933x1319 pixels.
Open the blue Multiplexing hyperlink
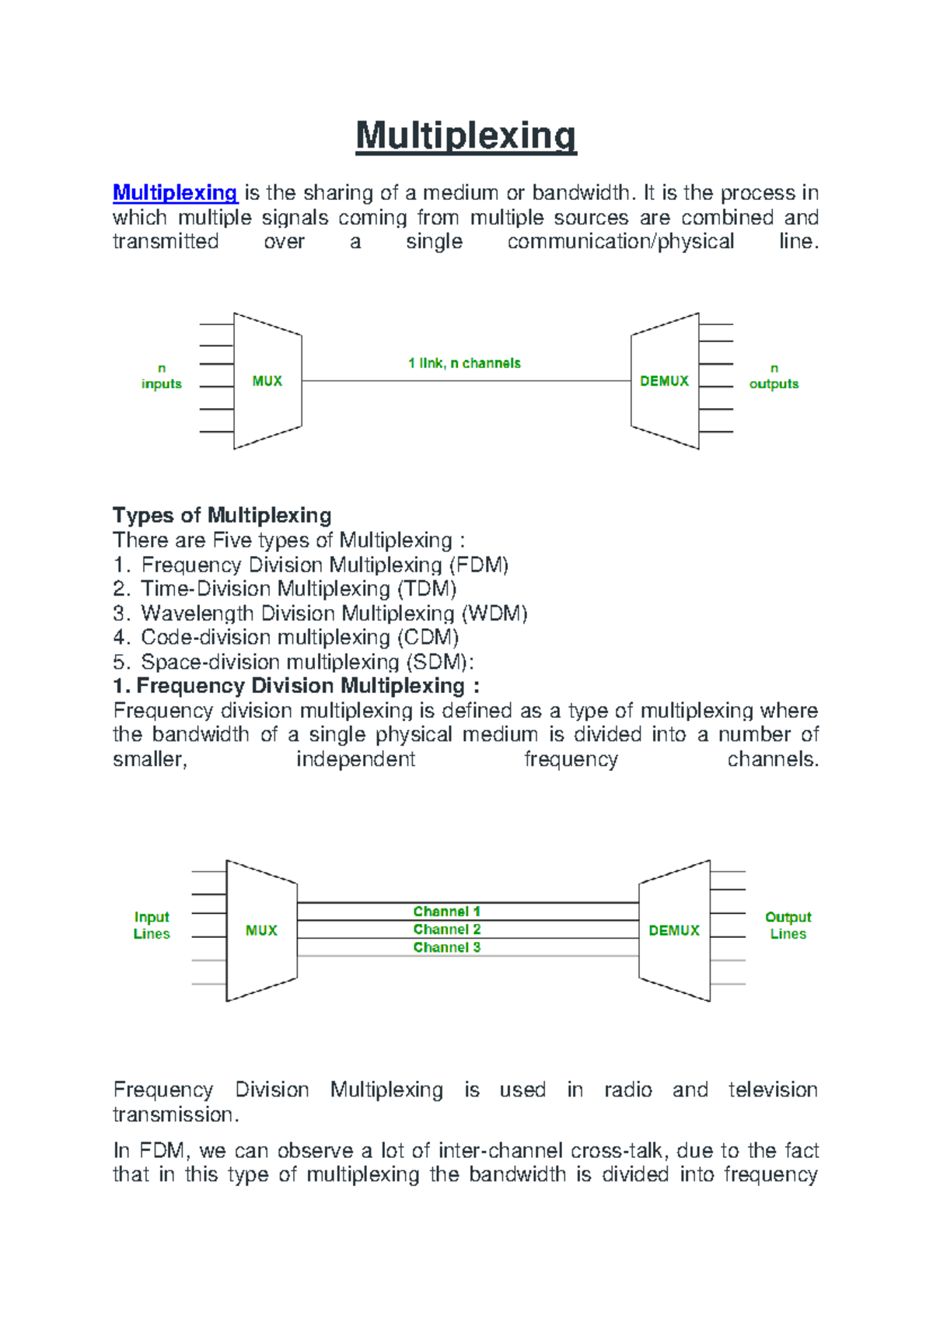175,192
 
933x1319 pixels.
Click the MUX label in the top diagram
267,381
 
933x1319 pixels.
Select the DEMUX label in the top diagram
664,381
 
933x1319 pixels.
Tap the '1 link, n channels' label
464,363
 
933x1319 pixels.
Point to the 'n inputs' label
162,376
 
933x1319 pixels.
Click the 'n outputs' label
774,376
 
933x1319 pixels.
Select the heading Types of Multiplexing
222,515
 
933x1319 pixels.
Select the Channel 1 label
447,911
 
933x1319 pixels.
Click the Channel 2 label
447,929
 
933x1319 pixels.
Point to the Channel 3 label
447,947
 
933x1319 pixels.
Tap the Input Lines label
152,925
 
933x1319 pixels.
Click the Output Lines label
788,925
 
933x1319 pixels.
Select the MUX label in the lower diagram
261,931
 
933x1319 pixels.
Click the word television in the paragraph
772,1090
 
